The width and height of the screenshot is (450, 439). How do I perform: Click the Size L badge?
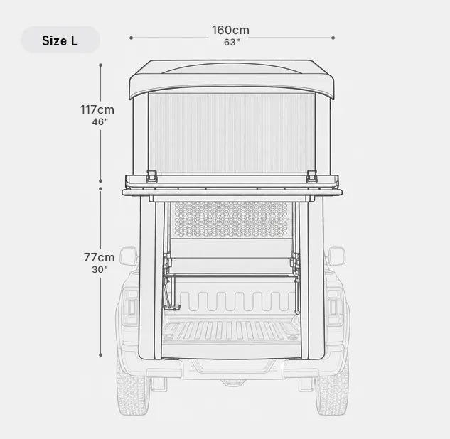tap(60, 40)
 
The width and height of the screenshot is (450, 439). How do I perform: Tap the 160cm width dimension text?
tap(231, 30)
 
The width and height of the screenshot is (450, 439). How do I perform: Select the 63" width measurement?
tap(232, 42)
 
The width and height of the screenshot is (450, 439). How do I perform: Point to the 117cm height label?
tap(97, 109)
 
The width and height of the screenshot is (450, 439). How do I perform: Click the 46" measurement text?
tap(100, 122)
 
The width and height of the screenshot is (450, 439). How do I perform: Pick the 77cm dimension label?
tap(99, 257)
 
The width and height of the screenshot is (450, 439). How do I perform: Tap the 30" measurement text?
tap(100, 269)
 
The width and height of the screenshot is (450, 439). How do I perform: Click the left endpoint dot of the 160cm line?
tap(131, 38)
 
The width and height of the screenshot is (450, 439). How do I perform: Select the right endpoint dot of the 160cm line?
tap(333, 38)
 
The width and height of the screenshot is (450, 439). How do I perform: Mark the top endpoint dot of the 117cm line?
tap(101, 65)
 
